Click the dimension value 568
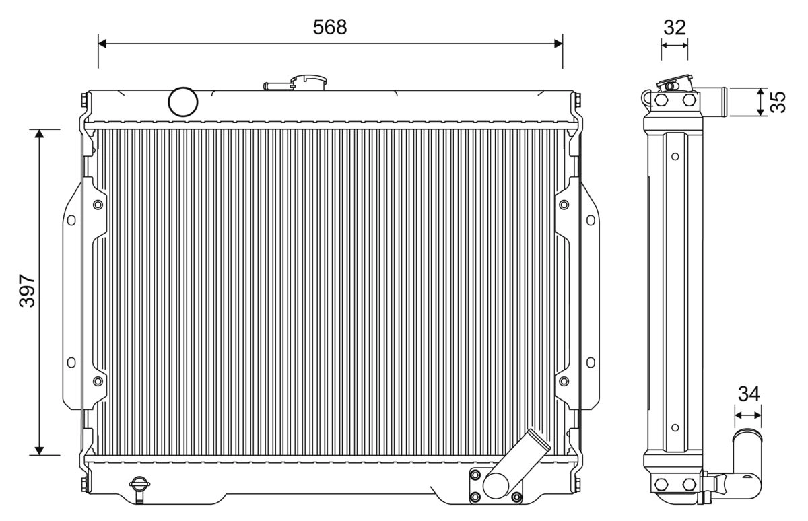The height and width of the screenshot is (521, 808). (x=330, y=27)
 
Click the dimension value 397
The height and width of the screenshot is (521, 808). (x=27, y=291)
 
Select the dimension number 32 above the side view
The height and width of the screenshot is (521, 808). (x=674, y=27)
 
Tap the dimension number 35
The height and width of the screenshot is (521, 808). (x=778, y=102)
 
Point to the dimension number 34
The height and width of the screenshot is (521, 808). (x=748, y=394)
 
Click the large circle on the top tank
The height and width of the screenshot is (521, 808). (x=183, y=102)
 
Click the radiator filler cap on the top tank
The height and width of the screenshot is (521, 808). (x=309, y=81)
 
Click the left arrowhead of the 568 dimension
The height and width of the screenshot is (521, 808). (x=102, y=44)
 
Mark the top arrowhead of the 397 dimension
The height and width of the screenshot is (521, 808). (x=39, y=133)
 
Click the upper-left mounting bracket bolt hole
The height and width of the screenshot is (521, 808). (x=98, y=204)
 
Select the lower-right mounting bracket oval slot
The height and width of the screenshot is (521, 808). (x=591, y=362)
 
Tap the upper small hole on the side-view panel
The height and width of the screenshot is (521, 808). (x=675, y=157)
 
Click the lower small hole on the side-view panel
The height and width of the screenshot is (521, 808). (x=675, y=426)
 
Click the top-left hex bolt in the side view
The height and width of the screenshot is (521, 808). (x=662, y=100)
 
